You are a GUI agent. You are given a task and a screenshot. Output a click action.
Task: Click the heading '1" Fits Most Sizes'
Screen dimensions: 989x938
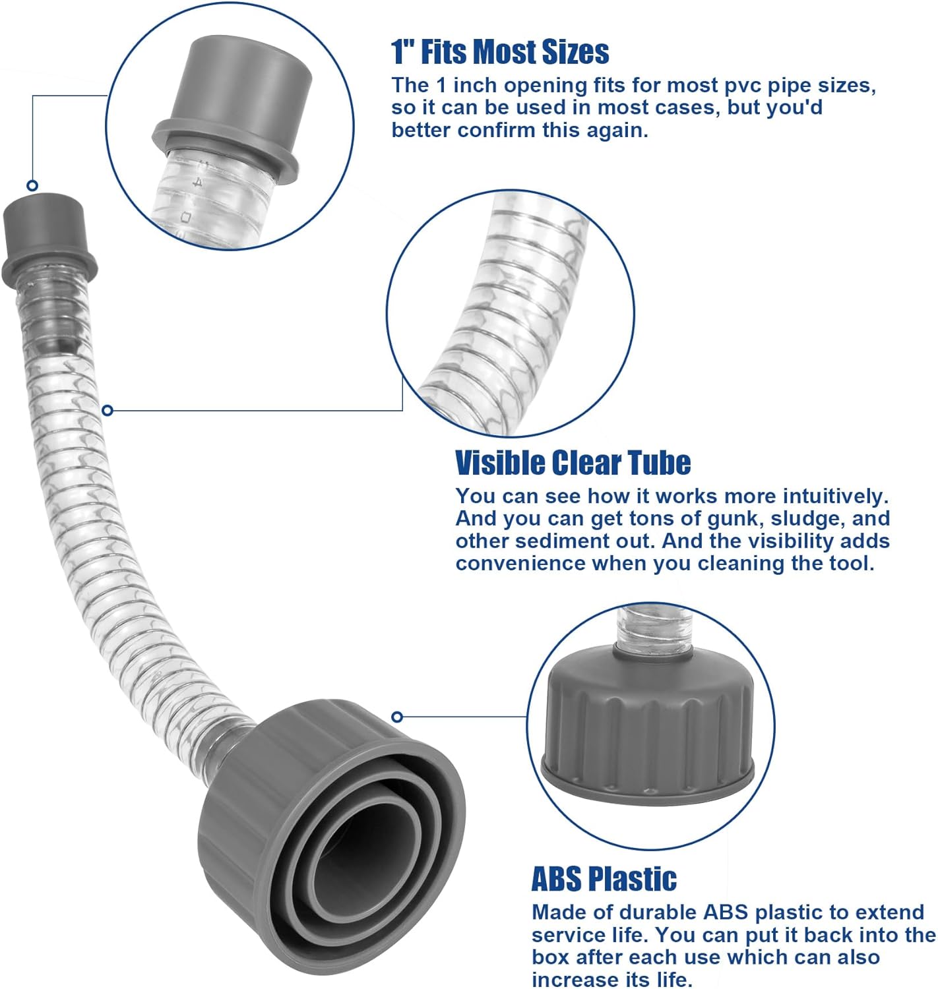(x=500, y=52)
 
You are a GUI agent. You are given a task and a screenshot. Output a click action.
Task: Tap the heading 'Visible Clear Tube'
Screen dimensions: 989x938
(x=573, y=463)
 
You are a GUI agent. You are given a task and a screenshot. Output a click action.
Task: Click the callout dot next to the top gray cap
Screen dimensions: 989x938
(x=32, y=185)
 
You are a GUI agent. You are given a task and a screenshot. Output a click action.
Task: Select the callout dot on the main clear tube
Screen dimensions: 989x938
(x=108, y=411)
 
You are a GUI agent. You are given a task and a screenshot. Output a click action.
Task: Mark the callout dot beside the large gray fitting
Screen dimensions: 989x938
(x=396, y=717)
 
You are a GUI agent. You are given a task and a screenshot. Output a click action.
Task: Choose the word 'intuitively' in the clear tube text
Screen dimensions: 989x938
(x=824, y=496)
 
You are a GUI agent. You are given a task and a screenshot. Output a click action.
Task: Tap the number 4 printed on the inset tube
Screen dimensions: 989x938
(x=196, y=181)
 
